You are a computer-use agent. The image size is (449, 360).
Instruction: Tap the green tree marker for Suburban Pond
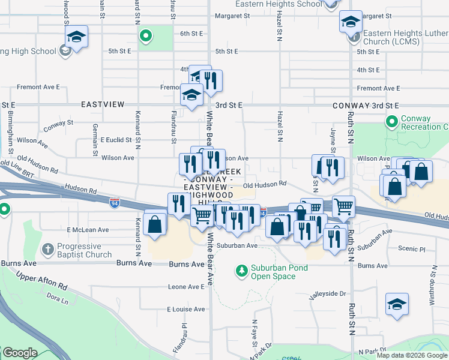tap(242, 272)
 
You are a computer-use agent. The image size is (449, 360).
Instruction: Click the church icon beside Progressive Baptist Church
tap(48, 249)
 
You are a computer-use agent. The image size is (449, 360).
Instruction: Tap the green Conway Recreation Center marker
tap(392, 122)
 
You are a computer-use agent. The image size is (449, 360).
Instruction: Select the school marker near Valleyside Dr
tap(397, 304)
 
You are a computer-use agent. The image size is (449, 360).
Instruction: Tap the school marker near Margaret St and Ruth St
tap(351, 22)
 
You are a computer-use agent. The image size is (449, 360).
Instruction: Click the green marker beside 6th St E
tap(145, 37)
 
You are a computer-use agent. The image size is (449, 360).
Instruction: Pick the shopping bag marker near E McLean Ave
tap(155, 225)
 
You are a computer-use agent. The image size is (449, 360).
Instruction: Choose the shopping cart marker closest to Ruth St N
tap(343, 206)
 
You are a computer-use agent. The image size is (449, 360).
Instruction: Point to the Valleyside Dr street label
tap(328, 294)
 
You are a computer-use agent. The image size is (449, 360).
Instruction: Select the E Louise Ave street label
tap(185, 309)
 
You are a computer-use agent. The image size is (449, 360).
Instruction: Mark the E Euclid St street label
tap(116, 140)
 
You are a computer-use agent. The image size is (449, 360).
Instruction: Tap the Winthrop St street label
tap(432, 290)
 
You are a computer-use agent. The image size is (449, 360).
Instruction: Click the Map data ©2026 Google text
tap(412, 355)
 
